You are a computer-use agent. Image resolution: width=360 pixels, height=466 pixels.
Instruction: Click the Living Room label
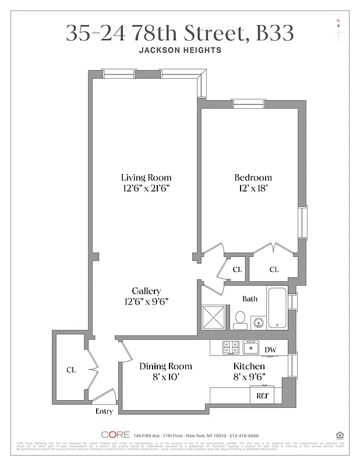(146, 177)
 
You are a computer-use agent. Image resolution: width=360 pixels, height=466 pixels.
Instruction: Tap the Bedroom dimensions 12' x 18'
(253, 188)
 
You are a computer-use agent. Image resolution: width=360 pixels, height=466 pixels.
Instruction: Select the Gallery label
(146, 291)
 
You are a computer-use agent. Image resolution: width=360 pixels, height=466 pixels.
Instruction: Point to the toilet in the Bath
(239, 317)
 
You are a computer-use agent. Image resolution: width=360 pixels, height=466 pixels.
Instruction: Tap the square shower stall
(214, 318)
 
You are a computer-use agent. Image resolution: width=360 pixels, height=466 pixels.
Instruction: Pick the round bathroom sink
(257, 321)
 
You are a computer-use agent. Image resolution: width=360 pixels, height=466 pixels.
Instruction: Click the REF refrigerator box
(262, 396)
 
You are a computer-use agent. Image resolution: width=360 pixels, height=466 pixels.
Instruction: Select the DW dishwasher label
(270, 349)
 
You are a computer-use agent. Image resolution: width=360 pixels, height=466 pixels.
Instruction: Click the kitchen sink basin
(251, 348)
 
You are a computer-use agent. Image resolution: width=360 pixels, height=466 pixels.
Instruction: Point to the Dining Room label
(165, 366)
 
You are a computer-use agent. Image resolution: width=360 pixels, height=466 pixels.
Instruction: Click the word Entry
(104, 412)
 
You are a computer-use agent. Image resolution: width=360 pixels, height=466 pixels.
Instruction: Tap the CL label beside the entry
(71, 369)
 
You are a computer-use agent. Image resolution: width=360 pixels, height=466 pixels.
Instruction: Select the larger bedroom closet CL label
(274, 269)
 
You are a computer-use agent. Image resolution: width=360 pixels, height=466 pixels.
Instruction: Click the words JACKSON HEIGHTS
(180, 51)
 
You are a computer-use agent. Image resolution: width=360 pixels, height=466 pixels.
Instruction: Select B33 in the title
(274, 33)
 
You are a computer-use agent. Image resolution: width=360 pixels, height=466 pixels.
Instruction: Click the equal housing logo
(339, 435)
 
